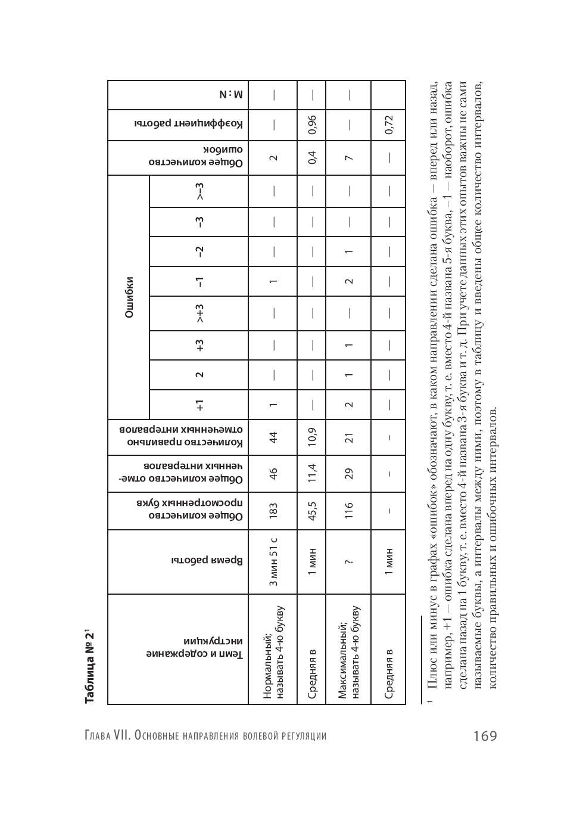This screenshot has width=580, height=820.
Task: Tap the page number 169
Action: [485, 736]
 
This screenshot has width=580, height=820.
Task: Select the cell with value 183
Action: [273, 510]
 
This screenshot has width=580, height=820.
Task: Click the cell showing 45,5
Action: [311, 510]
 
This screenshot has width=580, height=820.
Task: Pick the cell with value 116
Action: [349, 510]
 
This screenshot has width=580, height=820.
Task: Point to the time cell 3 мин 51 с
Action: [273, 561]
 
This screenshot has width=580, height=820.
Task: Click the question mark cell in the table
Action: [349, 561]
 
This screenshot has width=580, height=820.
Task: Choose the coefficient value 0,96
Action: [311, 125]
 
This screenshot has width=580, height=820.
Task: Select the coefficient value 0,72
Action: [388, 125]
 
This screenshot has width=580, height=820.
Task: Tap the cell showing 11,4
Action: [311, 474]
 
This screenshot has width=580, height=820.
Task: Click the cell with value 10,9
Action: [311, 438]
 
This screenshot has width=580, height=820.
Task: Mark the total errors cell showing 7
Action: [349, 158]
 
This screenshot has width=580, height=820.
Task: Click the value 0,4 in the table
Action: [311, 158]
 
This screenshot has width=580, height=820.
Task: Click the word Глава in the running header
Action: [98, 736]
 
